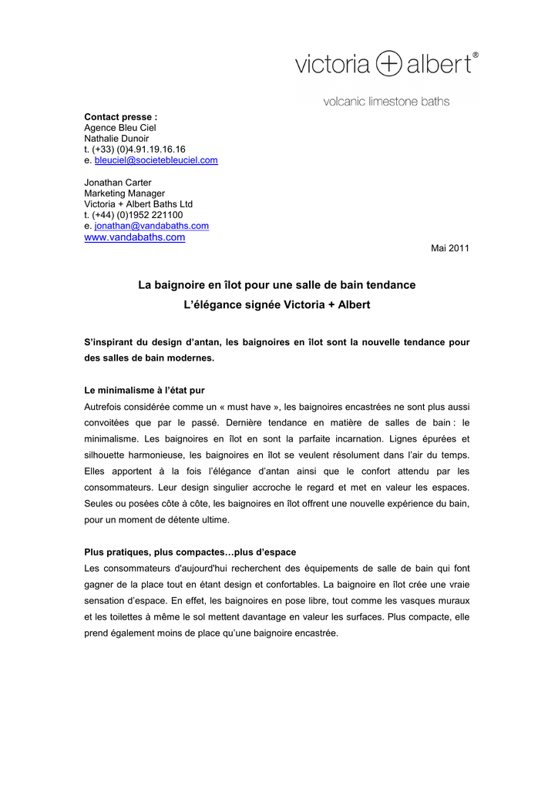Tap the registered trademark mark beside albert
tap(476, 55)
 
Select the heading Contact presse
tap(120, 116)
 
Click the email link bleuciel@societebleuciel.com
tap(156, 160)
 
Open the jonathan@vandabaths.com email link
tap(151, 226)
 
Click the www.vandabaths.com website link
tap(135, 237)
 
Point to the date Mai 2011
tap(449, 248)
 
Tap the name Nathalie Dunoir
tap(116, 139)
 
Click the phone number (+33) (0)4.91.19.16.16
tap(139, 149)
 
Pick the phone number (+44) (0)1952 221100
tap(137, 215)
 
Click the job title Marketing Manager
tap(124, 193)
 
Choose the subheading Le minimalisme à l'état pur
tap(144, 391)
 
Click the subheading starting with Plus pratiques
tap(190, 552)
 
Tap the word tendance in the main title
tap(390, 285)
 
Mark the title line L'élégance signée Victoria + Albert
tap(277, 305)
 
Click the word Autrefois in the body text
tap(106, 406)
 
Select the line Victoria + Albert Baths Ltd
tap(138, 204)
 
